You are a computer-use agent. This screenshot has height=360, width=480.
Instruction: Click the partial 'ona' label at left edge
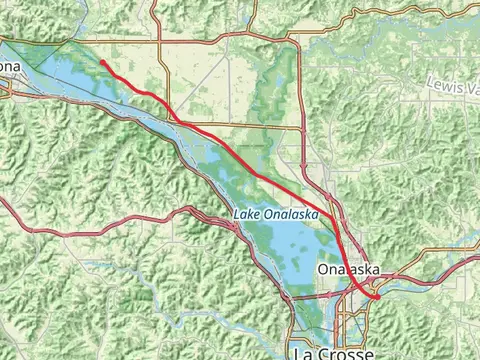point(9,66)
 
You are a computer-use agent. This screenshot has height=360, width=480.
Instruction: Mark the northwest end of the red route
point(101,62)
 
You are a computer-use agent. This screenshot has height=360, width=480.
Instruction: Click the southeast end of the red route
point(378,297)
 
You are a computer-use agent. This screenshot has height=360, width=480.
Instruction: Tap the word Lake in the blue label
point(248,215)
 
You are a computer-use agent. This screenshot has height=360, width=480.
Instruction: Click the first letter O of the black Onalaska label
point(322,270)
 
